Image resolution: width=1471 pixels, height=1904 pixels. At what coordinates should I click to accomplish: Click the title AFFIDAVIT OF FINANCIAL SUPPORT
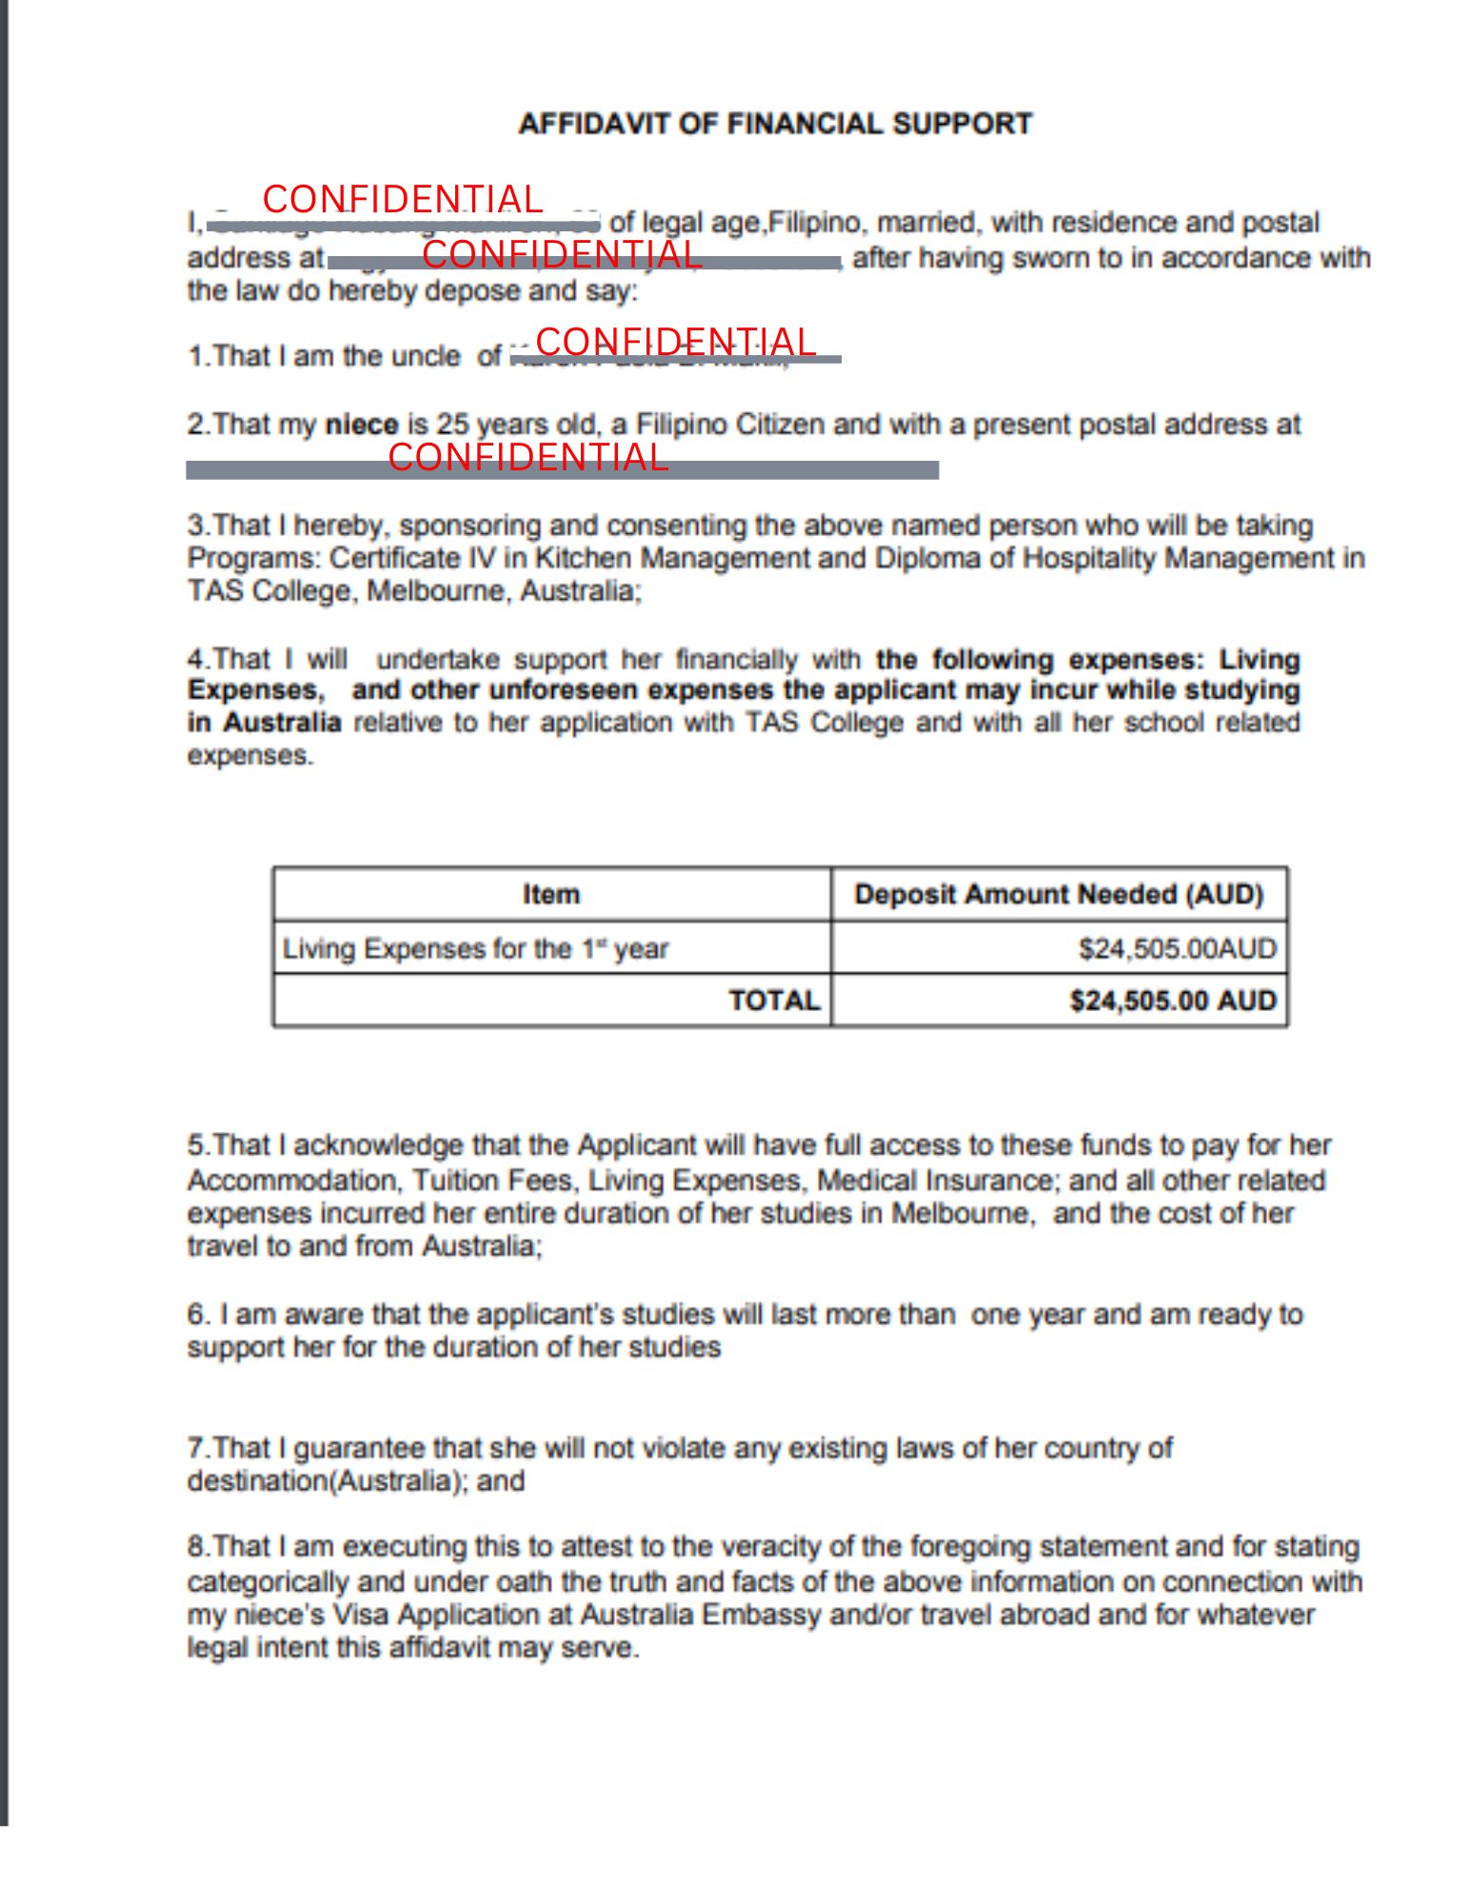(774, 124)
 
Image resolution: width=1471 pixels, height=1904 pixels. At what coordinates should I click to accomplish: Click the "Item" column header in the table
(550, 894)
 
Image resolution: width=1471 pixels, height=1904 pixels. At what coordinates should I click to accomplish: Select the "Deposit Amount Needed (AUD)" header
(1058, 894)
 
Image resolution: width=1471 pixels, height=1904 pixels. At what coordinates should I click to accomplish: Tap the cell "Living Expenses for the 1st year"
(475, 948)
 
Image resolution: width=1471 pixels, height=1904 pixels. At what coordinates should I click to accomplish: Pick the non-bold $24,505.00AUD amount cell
(1176, 948)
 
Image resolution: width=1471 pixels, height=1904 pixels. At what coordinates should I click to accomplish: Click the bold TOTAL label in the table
(773, 1001)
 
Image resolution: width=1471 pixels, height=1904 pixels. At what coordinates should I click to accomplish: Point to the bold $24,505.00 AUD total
(1171, 1001)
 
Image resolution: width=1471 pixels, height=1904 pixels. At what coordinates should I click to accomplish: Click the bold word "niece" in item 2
(361, 425)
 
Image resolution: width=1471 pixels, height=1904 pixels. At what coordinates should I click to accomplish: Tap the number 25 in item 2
(453, 425)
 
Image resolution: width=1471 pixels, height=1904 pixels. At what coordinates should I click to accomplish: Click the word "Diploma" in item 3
(918, 558)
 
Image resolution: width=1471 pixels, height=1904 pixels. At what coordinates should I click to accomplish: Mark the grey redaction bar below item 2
(562, 470)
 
